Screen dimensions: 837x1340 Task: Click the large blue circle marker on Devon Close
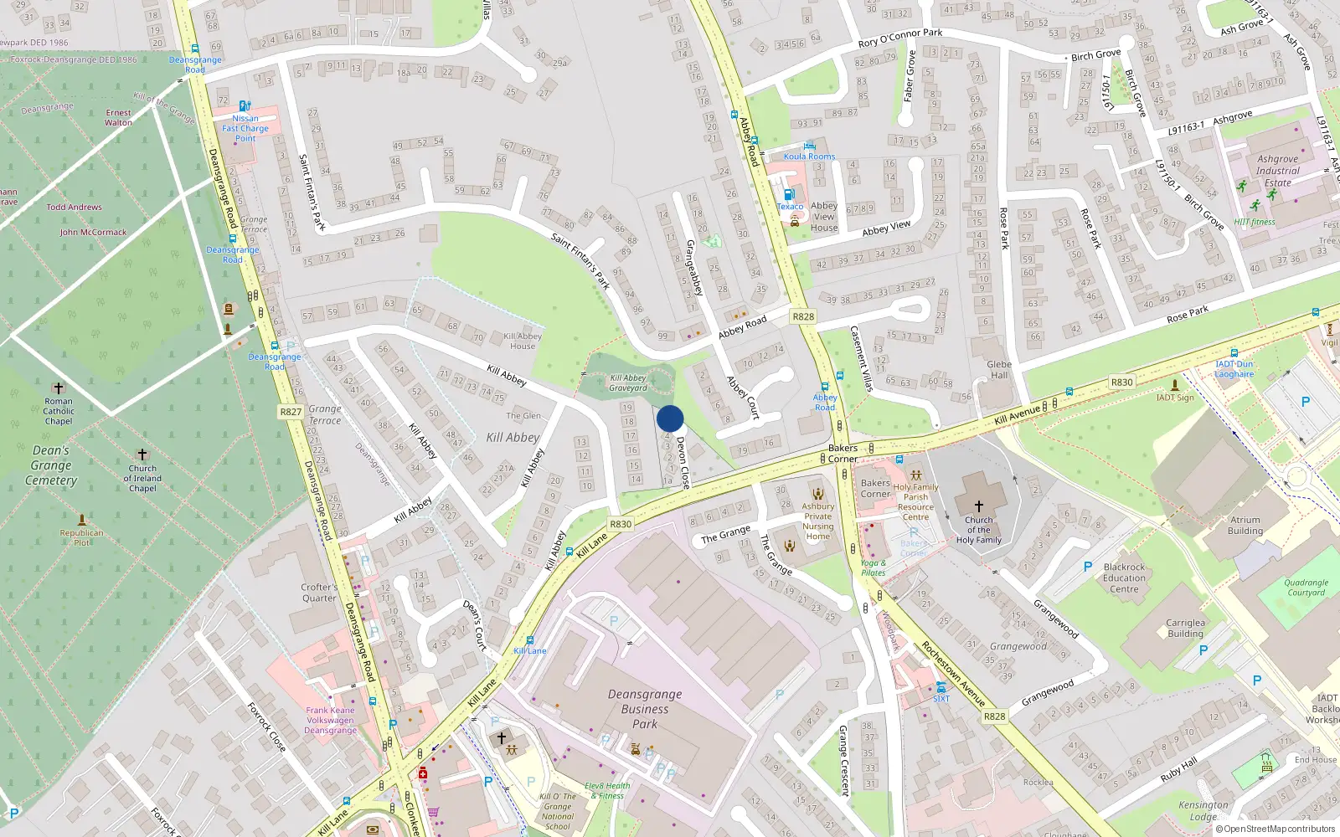pos(670,418)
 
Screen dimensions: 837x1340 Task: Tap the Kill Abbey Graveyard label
pos(628,383)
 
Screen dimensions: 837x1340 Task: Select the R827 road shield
pos(291,412)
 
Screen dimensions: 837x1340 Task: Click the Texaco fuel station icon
pos(787,193)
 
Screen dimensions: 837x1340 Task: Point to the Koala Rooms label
pos(809,157)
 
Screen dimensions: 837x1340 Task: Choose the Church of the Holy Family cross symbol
pos(978,506)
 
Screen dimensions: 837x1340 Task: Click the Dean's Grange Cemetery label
pos(51,465)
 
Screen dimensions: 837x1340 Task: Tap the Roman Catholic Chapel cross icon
pos(59,388)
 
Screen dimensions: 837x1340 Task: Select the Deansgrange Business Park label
pos(645,709)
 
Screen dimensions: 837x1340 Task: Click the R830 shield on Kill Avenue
pos(1121,382)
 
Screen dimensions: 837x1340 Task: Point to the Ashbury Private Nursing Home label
pos(817,521)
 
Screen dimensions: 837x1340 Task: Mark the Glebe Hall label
pos(999,370)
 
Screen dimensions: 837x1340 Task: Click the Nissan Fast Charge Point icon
pos(245,106)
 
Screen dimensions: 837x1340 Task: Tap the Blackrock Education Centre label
pos(1124,578)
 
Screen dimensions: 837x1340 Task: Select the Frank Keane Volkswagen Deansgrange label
pos(330,721)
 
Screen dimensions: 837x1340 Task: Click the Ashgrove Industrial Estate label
pos(1277,171)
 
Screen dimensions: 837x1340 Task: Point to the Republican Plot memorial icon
pos(81,520)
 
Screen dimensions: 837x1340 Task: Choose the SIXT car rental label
pos(941,698)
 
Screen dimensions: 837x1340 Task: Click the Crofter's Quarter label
pos(319,593)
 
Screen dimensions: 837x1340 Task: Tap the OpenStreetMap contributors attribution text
pos(1276,829)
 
